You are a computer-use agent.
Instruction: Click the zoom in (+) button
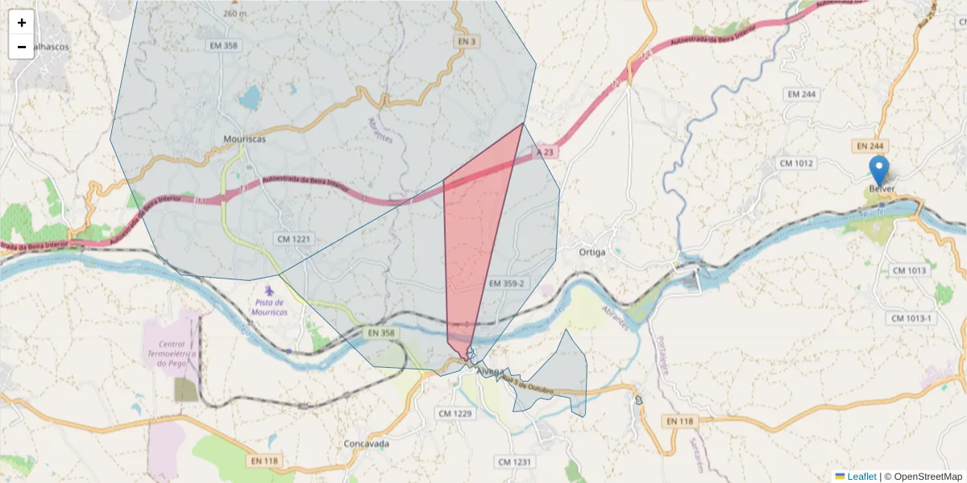point(22,23)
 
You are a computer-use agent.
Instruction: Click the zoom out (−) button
point(22,47)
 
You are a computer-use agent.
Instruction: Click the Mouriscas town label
point(244,138)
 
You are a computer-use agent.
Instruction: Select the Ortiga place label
point(592,252)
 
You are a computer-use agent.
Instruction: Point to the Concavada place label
point(367,444)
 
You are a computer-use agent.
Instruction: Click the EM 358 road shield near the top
point(222,46)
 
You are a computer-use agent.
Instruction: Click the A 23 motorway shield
point(546,151)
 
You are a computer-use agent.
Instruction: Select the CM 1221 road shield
point(293,239)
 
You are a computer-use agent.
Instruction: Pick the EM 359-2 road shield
point(507,283)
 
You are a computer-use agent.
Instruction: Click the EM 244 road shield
point(802,94)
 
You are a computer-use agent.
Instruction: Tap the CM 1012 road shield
point(797,163)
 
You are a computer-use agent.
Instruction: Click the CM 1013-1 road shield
point(911,319)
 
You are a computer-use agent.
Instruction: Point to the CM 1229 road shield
point(454,413)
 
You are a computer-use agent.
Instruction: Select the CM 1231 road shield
point(515,461)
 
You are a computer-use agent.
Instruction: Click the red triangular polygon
point(475,233)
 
